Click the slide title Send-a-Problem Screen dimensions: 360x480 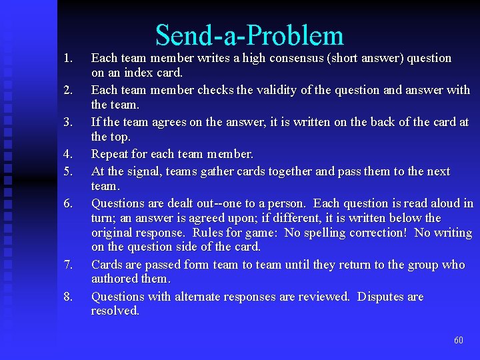[249, 35]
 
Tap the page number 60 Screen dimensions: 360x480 [458, 340]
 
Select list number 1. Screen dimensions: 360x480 [67, 58]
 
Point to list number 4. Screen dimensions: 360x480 [67, 154]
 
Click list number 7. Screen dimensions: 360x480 [67, 265]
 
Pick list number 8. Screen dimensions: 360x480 [67, 297]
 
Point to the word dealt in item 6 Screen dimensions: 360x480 [171, 203]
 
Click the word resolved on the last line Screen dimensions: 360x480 [115, 311]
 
